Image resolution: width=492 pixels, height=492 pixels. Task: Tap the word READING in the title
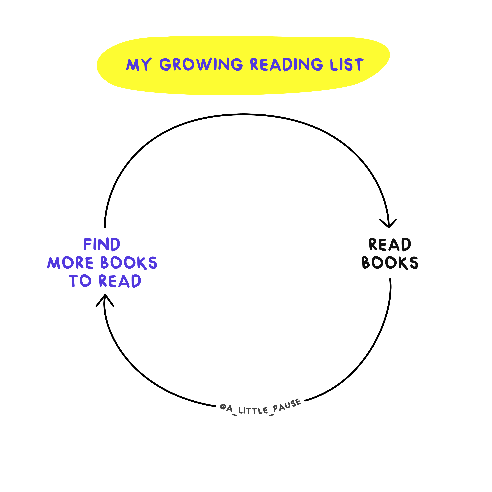287,64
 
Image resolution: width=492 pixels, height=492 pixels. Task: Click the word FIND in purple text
102,245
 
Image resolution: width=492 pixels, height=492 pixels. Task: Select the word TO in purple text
80,281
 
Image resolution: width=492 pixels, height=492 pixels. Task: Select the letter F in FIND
88,245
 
